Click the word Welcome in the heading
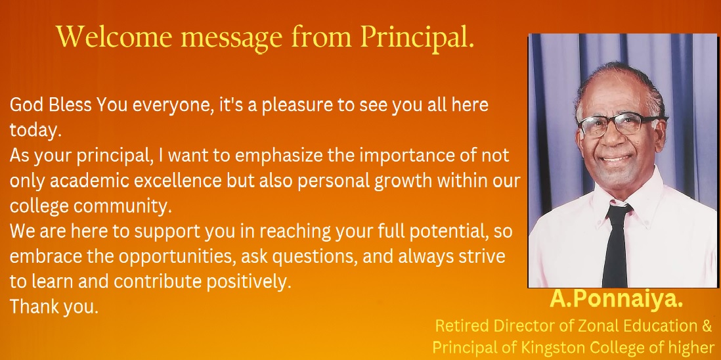[114, 36]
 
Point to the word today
[35, 131]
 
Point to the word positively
[249, 282]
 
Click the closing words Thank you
[55, 307]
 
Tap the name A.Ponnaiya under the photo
[616, 300]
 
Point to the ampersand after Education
[707, 326]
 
